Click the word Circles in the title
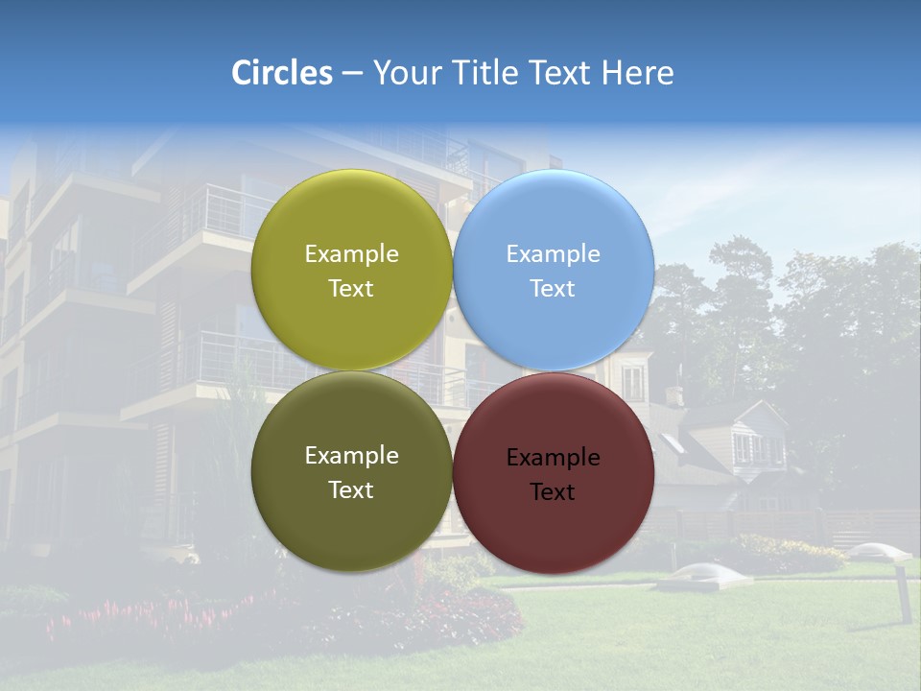click(282, 73)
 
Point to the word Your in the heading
click(408, 73)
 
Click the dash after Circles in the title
click(352, 74)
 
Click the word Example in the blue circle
click(553, 254)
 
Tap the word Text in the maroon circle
click(553, 492)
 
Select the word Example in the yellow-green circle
click(351, 254)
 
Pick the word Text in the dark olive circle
click(351, 490)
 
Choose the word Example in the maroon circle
click(553, 458)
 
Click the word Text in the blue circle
click(553, 289)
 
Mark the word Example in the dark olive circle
click(351, 456)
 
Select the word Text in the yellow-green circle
click(351, 289)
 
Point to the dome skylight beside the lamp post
click(876, 551)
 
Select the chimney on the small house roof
click(673, 394)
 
